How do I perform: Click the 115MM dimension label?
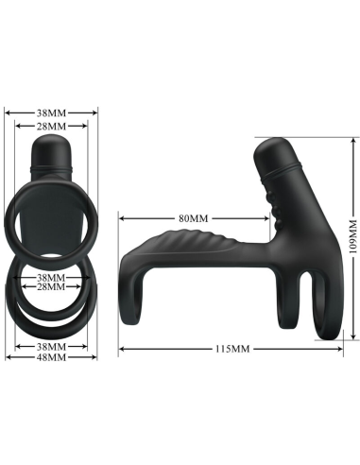pyautogui.click(x=231, y=351)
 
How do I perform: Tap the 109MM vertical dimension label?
pyautogui.click(x=352, y=239)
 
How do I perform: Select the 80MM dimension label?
pyautogui.click(x=193, y=218)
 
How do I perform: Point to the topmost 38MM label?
pyautogui.click(x=51, y=111)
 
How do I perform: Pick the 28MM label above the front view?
pyautogui.click(x=51, y=126)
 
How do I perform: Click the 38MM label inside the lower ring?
pyautogui.click(x=51, y=278)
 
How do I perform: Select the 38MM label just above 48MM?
pyautogui.click(x=51, y=347)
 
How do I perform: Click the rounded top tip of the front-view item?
pyautogui.click(x=51, y=144)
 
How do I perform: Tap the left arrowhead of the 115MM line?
pyautogui.click(x=120, y=351)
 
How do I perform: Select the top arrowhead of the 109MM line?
pyautogui.click(x=351, y=139)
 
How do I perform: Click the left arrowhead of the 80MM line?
pyautogui.click(x=120, y=218)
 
